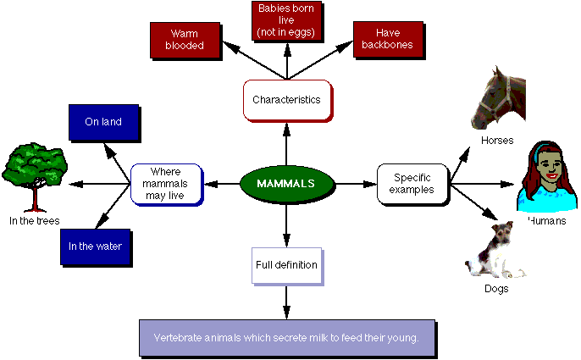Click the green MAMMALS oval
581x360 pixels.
point(287,184)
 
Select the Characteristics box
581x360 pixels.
point(288,101)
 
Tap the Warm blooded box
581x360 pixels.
point(185,41)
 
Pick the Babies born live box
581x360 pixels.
point(287,21)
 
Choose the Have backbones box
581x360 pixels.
point(388,40)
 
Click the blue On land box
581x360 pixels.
point(104,123)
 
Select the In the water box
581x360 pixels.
point(96,247)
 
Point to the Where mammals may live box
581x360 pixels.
point(166,185)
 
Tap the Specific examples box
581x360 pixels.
point(412,185)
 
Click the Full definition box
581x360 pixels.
point(287,266)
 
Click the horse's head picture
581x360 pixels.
point(498,98)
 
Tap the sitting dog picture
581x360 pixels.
point(494,250)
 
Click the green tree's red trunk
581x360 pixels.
point(35,198)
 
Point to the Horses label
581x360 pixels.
point(497,141)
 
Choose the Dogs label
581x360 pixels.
point(496,289)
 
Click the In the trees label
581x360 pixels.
point(35,221)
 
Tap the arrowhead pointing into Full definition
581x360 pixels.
point(286,240)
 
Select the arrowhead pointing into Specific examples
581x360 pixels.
point(370,185)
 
